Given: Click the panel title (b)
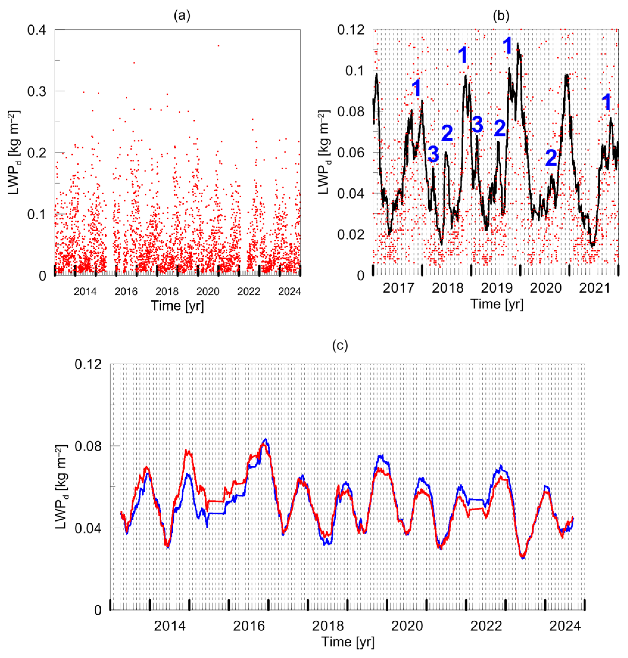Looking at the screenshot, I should (x=501, y=16).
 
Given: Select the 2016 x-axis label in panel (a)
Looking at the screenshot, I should (x=126, y=291).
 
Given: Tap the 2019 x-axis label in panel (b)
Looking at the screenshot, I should (x=496, y=288).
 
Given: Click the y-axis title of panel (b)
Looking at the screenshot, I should (x=323, y=152).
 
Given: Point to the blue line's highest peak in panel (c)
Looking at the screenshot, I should (x=265, y=439).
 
